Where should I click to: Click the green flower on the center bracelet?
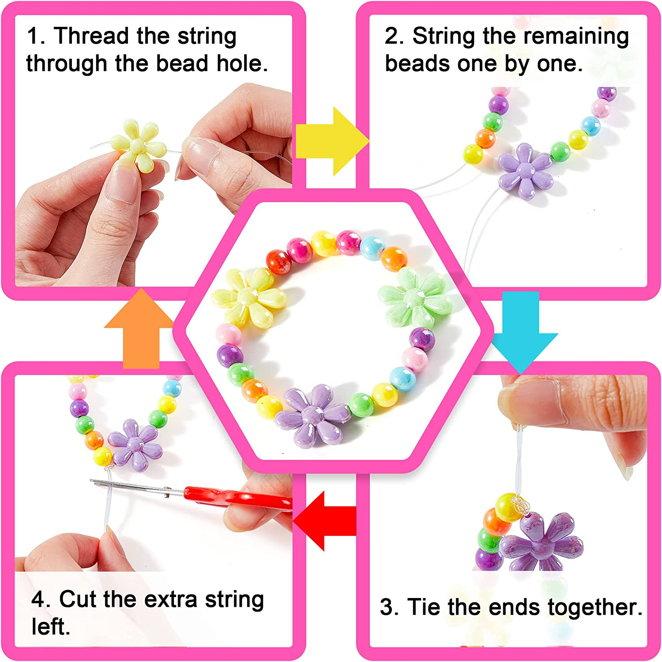(413, 298)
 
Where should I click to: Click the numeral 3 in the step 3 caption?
(387, 607)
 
